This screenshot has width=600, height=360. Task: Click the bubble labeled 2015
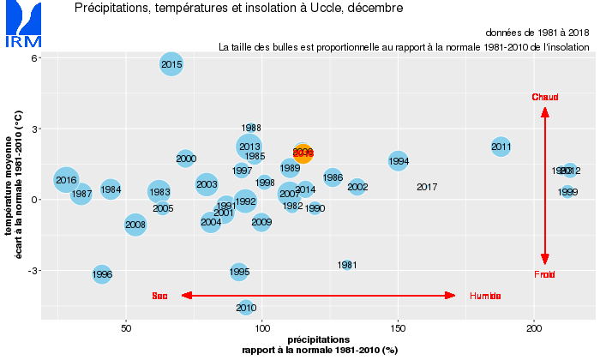pyautogui.click(x=171, y=63)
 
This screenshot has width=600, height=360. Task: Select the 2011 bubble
pyautogui.click(x=501, y=147)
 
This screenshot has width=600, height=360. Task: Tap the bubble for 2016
pyautogui.click(x=66, y=180)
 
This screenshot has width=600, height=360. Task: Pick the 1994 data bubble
pyautogui.click(x=399, y=160)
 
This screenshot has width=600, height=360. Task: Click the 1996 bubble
pyautogui.click(x=102, y=274)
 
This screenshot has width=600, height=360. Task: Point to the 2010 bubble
pyautogui.click(x=246, y=307)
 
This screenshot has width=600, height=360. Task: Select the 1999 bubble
pyautogui.click(x=567, y=192)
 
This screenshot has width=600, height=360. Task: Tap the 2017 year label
pyautogui.click(x=427, y=187)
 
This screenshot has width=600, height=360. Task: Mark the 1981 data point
pyautogui.click(x=347, y=265)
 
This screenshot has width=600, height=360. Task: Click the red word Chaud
pyautogui.click(x=544, y=97)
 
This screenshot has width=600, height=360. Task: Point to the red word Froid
pyautogui.click(x=544, y=274)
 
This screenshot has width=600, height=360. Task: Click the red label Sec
pyautogui.click(x=159, y=296)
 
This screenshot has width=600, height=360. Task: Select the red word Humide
pyautogui.click(x=485, y=296)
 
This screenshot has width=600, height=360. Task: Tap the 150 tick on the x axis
pyautogui.click(x=398, y=328)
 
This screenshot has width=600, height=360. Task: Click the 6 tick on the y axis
pyautogui.click(x=34, y=58)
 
